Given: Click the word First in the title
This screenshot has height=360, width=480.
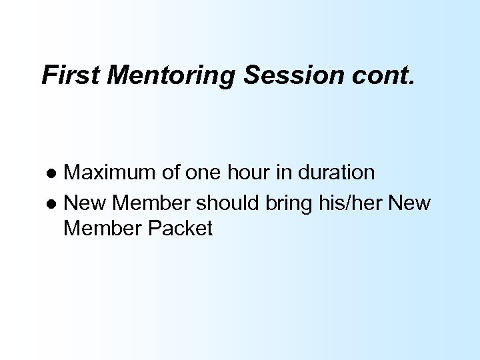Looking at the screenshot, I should [x=69, y=75].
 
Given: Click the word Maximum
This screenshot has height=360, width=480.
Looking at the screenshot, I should [x=113, y=173].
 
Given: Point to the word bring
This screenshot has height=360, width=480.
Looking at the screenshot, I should [x=277, y=201].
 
